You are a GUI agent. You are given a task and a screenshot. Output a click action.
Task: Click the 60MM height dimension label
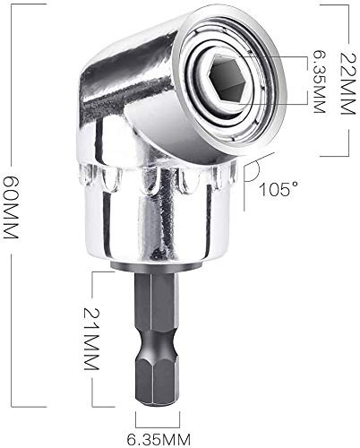[11, 208]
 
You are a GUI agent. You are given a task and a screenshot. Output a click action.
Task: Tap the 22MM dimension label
[348, 84]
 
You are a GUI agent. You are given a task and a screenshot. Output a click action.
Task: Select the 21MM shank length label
[91, 339]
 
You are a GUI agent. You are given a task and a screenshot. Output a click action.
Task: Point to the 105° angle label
[279, 189]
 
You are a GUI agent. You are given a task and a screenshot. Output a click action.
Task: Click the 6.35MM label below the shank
[159, 440]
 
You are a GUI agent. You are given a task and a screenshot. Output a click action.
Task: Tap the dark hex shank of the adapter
[158, 339]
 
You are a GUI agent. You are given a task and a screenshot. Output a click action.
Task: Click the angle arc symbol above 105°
[253, 171]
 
